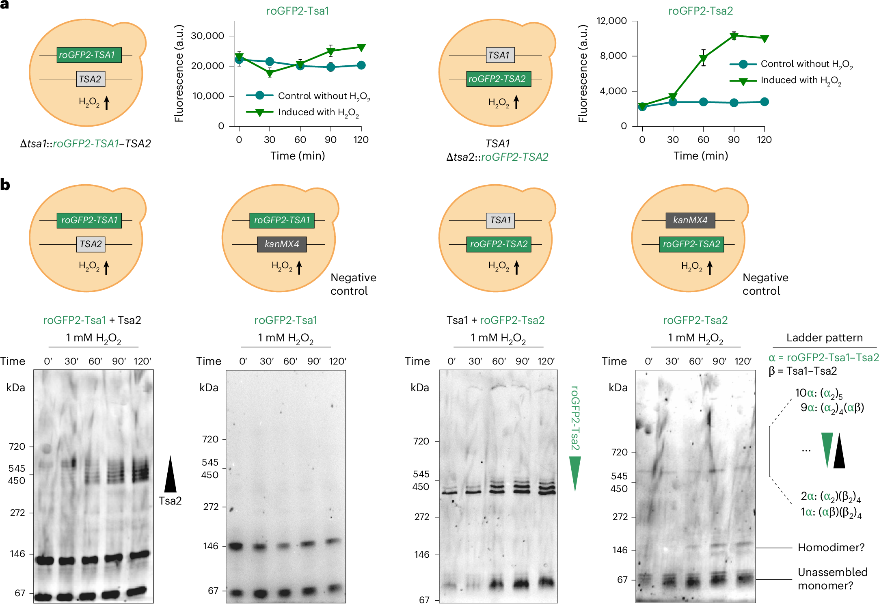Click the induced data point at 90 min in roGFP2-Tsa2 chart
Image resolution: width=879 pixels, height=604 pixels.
734,36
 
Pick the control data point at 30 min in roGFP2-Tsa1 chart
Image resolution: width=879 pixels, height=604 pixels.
270,62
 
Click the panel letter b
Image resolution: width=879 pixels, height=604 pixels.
5,185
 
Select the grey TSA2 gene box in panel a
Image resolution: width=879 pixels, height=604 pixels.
91,79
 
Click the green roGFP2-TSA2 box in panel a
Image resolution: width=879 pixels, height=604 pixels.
498,79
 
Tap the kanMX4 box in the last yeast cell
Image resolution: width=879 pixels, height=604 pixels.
690,220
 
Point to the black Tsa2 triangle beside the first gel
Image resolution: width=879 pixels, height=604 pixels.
170,475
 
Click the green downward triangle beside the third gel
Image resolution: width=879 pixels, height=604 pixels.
574,473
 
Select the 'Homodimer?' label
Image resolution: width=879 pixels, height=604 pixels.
831,548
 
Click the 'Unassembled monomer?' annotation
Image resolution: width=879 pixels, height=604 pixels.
832,578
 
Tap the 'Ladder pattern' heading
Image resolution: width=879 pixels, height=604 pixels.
824,338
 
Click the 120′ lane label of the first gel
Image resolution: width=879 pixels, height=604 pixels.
143,361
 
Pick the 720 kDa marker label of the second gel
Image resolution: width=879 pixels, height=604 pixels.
210,439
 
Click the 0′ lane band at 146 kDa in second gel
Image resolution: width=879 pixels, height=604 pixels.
235,546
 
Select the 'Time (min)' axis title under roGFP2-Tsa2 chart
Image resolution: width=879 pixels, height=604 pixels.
701,156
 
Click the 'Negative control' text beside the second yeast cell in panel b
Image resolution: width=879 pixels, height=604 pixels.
353,284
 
